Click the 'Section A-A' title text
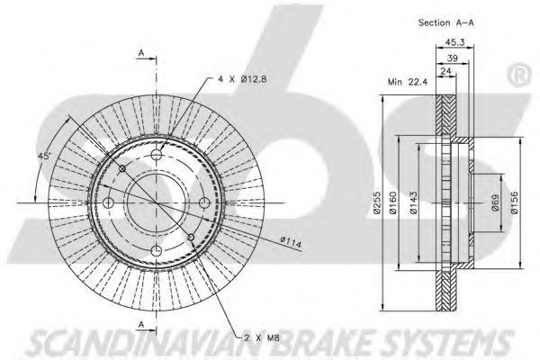pyautogui.click(x=446, y=22)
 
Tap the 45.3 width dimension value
pyautogui.click(x=454, y=42)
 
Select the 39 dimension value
pyautogui.click(x=452, y=58)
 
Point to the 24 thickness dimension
pyautogui.click(x=446, y=71)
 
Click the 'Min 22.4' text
pyautogui.click(x=408, y=82)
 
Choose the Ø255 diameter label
pyautogui.click(x=377, y=202)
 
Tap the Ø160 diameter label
pyautogui.click(x=392, y=202)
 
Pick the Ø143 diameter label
pyautogui.click(x=413, y=202)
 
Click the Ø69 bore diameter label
pyautogui.click(x=495, y=202)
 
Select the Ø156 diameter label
pyautogui.click(x=514, y=202)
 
